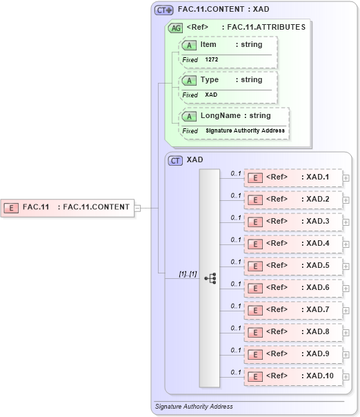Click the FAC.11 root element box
coord(68,206)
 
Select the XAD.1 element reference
coord(294,177)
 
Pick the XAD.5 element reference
coord(294,266)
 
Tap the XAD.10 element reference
coord(294,376)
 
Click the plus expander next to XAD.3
coord(346,222)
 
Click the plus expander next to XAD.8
coord(346,333)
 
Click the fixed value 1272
coord(212,60)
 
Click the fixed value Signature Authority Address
coord(245,130)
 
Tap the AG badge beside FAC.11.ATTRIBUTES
coord(176,28)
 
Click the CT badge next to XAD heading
coord(176,159)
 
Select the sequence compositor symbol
coord(210,278)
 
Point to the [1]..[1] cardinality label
coord(188,273)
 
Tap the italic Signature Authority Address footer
coord(194,407)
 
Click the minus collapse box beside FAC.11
coord(138,207)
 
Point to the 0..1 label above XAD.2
coord(235,195)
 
